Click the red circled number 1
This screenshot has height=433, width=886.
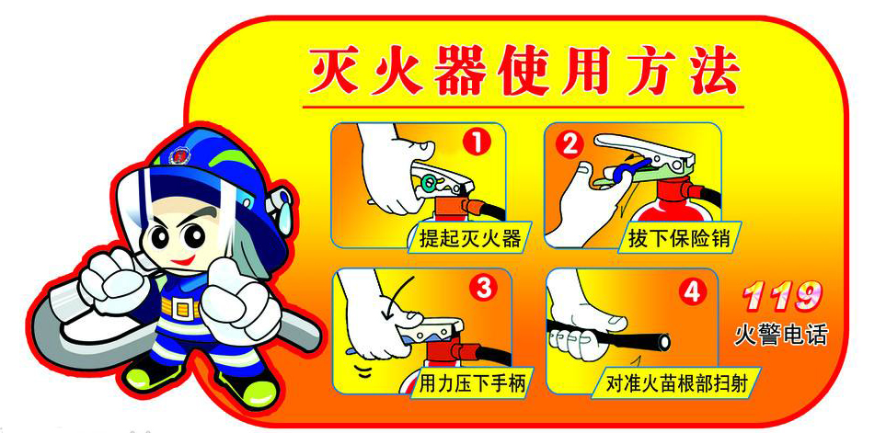point(478,144)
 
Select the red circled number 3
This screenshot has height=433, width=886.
point(484,290)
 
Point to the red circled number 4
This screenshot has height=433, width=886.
point(694,291)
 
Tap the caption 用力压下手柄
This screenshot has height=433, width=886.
point(472,384)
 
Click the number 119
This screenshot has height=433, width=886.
point(781,295)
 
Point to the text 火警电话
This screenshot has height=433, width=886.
point(781,336)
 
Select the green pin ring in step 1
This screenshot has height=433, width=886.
point(429,181)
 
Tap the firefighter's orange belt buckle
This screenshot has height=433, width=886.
point(181,308)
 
